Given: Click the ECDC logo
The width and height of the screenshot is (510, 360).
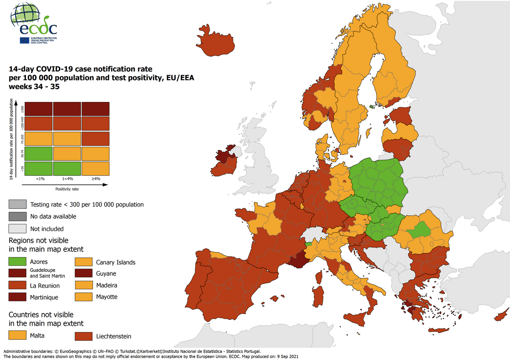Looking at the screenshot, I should [x=33, y=22].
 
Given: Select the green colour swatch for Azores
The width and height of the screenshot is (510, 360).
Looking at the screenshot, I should [x=17, y=262].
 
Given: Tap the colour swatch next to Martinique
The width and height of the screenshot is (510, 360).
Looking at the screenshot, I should [x=17, y=297].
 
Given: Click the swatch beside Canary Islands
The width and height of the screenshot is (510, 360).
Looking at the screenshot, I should [x=83, y=262].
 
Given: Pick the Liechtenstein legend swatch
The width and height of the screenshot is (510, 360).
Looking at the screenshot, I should [x=83, y=336].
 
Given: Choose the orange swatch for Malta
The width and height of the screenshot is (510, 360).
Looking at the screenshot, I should [x=17, y=336].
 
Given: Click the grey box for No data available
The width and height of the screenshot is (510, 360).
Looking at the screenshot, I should [x=17, y=216].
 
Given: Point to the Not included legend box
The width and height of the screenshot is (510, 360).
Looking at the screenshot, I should [x=17, y=229].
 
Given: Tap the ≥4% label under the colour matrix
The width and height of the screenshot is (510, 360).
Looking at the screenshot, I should [x=95, y=179].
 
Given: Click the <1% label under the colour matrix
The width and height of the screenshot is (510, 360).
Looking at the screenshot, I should [x=39, y=179].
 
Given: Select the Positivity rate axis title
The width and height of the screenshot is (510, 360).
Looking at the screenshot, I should [x=67, y=189].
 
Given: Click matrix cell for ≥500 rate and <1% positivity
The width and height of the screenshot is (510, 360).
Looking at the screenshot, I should [x=39, y=109].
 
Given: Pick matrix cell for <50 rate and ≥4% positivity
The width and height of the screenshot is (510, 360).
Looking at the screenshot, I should [x=95, y=168].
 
